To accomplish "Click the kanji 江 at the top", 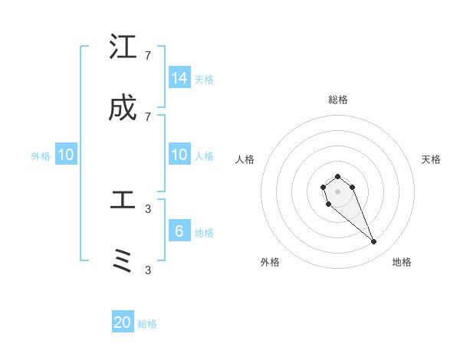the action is [123, 47].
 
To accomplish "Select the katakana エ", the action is [123, 201].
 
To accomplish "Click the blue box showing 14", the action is [179, 78].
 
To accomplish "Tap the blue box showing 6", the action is [179, 231].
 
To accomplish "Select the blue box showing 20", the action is [123, 322].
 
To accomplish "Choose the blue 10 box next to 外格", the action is [66, 155].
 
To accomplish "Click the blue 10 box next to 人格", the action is [179, 155].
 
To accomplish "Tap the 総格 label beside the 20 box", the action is [147, 324].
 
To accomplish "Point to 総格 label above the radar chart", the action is [338, 100].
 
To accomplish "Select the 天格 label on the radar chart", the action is [431, 159].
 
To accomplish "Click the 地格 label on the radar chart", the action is [402, 262].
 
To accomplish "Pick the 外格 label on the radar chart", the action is [270, 262].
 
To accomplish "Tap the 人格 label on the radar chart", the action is [245, 159].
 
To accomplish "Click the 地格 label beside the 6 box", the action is [204, 233].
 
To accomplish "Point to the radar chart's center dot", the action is [337, 191].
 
